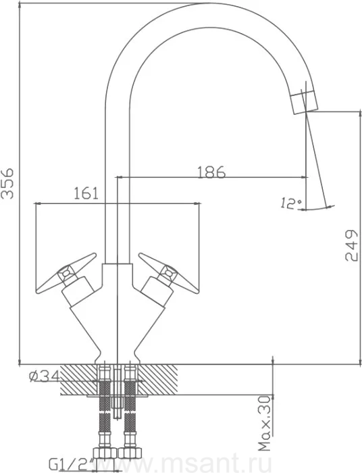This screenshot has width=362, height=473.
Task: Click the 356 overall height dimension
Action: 7,183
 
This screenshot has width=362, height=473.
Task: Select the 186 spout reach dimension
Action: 211,172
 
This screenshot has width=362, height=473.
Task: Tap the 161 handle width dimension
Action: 86,193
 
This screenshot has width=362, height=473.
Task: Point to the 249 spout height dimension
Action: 351,245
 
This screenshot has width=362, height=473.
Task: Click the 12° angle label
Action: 290,203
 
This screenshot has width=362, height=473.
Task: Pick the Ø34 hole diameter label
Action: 45,376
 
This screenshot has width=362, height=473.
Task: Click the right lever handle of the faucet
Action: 168,273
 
